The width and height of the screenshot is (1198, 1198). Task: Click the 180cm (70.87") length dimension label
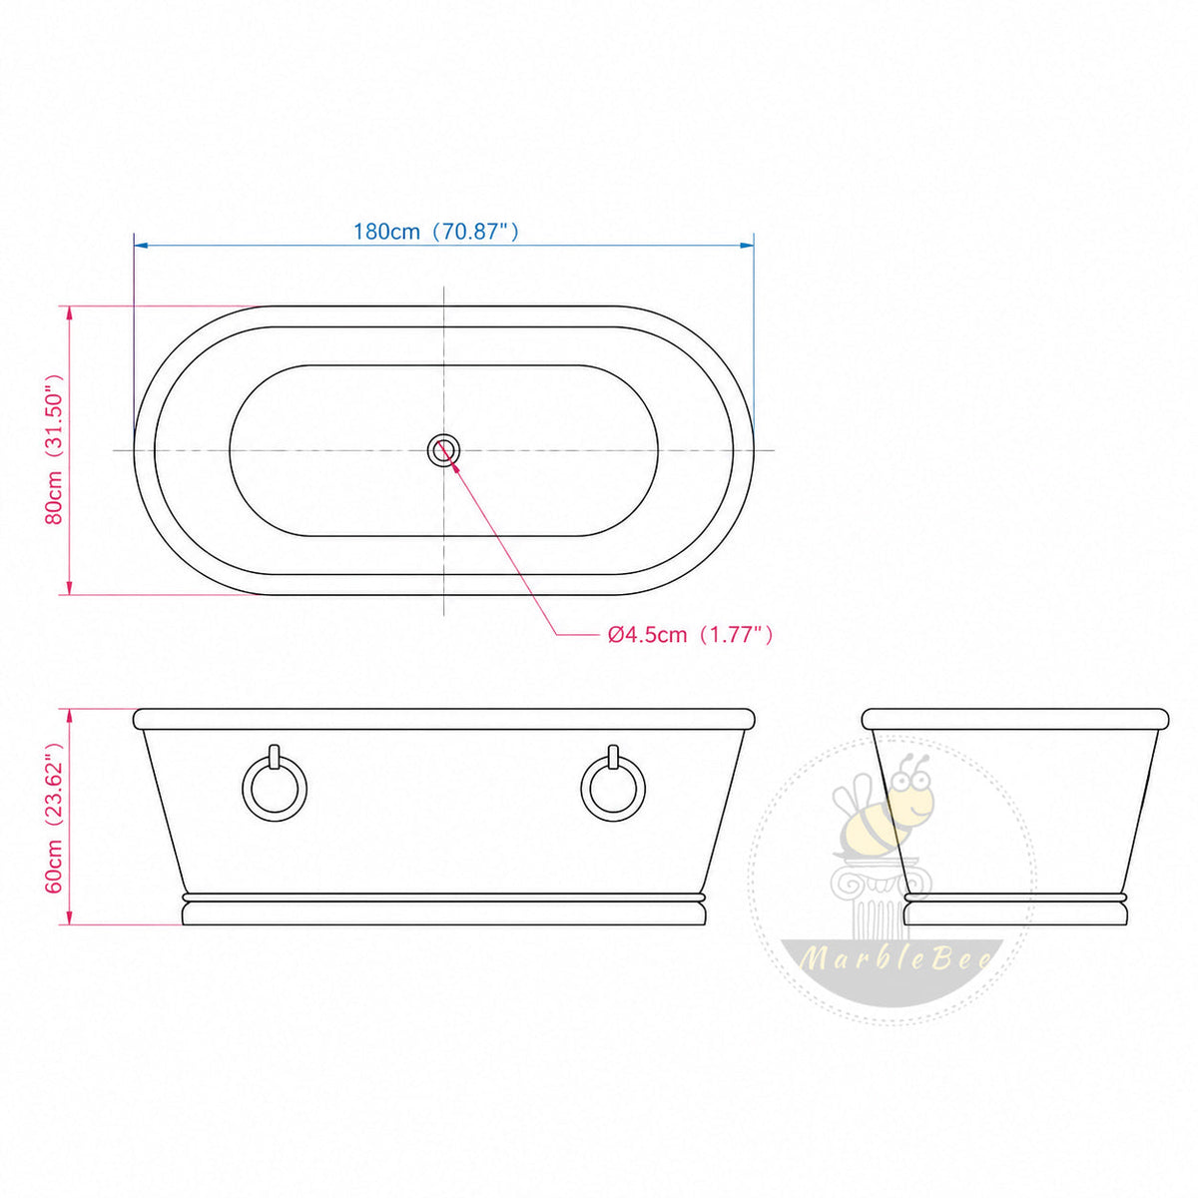pyautogui.click(x=436, y=232)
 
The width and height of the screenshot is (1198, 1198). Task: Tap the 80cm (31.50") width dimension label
pyautogui.click(x=55, y=450)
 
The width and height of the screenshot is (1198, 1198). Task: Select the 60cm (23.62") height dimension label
pyautogui.click(x=55, y=818)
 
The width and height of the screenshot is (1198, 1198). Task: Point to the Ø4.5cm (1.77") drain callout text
pyautogui.click(x=690, y=635)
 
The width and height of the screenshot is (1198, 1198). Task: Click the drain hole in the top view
pyautogui.click(x=443, y=449)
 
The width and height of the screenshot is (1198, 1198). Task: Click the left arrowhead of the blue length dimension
pyautogui.click(x=141, y=246)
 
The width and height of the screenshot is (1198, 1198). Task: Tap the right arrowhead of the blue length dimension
pyautogui.click(x=746, y=246)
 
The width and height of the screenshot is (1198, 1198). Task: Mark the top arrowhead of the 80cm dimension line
pyautogui.click(x=70, y=312)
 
